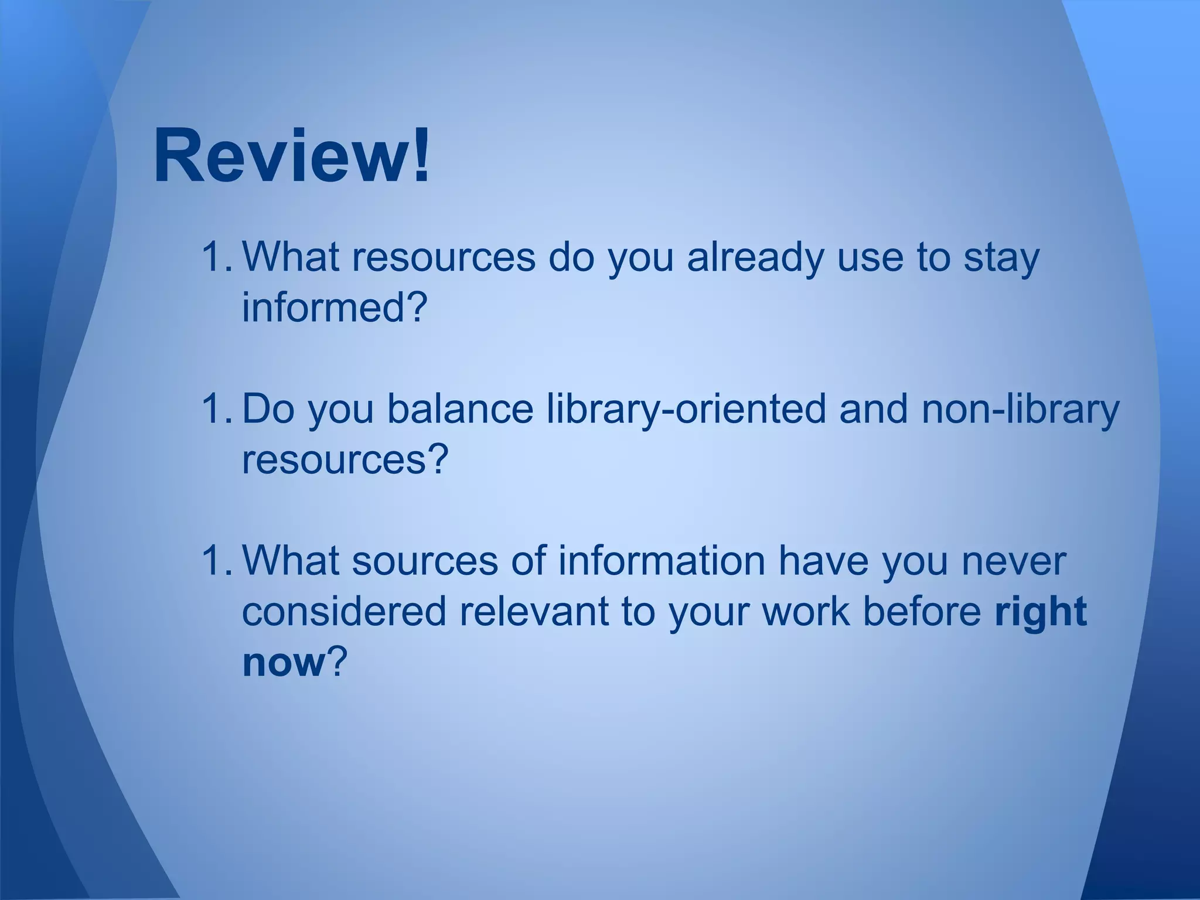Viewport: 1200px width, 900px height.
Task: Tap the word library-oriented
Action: (686, 409)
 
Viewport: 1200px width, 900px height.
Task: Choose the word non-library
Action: (1020, 409)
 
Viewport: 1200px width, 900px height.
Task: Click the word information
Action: (662, 561)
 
